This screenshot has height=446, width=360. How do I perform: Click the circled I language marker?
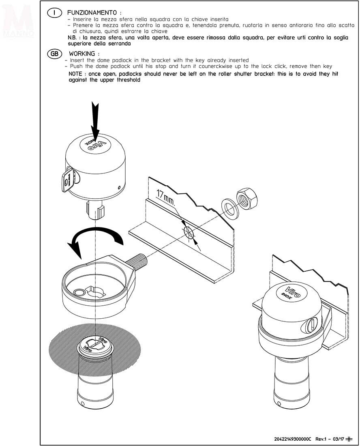(x=54, y=13)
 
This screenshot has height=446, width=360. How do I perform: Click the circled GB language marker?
(x=54, y=54)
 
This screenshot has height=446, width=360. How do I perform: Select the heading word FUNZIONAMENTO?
(x=92, y=13)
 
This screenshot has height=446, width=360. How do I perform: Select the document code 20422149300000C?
(x=293, y=439)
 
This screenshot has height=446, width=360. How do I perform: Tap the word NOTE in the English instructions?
(x=75, y=74)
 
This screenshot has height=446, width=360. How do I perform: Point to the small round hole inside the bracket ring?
(x=79, y=293)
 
